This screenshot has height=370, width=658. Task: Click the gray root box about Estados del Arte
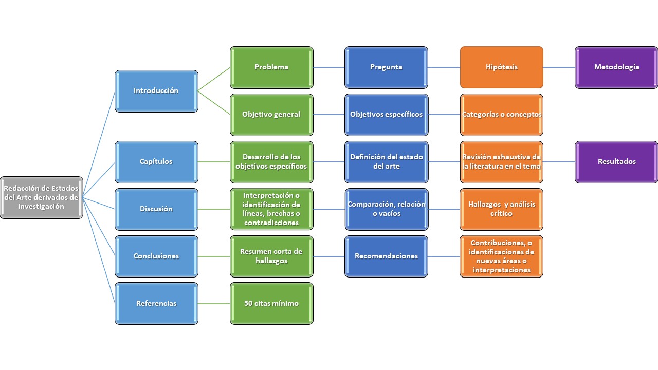41,198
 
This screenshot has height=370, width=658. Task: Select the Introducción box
156,91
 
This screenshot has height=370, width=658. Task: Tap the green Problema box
271,67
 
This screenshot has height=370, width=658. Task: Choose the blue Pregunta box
386,67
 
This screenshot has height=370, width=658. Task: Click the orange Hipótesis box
501,67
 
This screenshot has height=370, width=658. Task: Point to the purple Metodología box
616,67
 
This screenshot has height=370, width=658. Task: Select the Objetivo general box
271,115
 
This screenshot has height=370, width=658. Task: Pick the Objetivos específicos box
386,115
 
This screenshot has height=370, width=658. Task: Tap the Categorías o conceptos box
501,115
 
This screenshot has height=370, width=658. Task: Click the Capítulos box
156,162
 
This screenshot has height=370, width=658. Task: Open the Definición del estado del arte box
386,162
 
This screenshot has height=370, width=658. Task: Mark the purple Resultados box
616,162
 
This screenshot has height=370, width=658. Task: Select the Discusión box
156,209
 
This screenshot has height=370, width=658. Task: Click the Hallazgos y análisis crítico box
501,209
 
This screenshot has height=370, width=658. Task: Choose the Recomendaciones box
386,256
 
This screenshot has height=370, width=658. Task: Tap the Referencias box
156,304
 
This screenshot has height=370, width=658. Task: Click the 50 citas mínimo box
271,304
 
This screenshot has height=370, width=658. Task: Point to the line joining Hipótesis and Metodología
559,67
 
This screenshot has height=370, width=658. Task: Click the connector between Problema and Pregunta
329,67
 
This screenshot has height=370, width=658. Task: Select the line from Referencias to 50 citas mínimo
214,304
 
